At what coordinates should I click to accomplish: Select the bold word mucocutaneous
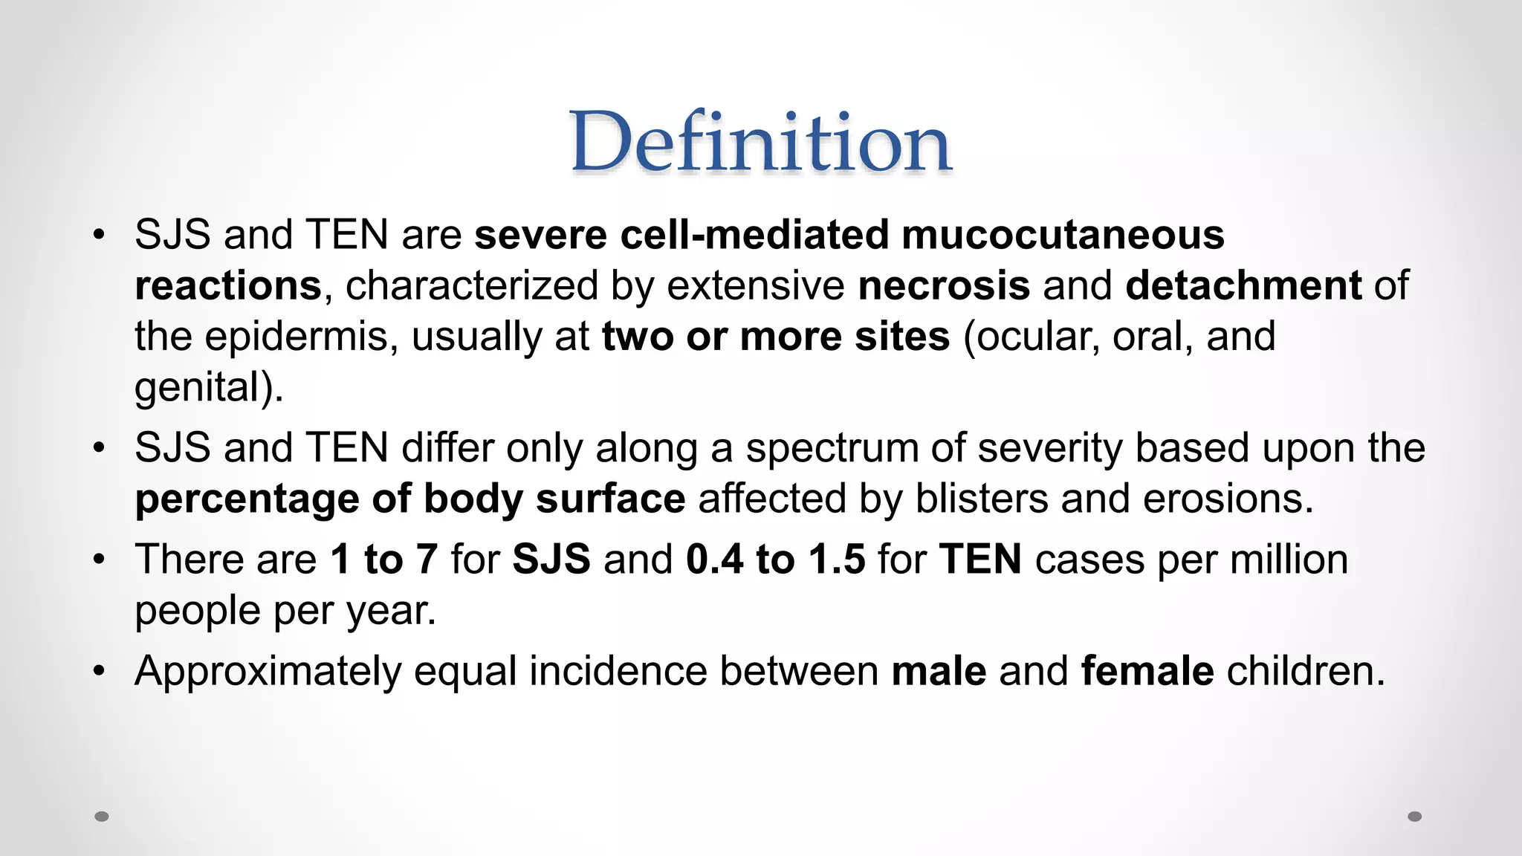(1063, 235)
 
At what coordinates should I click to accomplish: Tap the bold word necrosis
(944, 285)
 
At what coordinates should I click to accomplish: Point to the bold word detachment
(1243, 285)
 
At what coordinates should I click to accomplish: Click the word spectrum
(849, 448)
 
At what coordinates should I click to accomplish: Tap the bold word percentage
(247, 499)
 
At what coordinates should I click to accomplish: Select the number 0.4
(714, 560)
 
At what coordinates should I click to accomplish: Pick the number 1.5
(837, 560)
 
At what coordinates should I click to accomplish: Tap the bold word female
(1147, 671)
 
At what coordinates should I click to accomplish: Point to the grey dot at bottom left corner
(102, 817)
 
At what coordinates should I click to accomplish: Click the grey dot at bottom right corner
(1415, 817)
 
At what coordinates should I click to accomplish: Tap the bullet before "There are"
(100, 560)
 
